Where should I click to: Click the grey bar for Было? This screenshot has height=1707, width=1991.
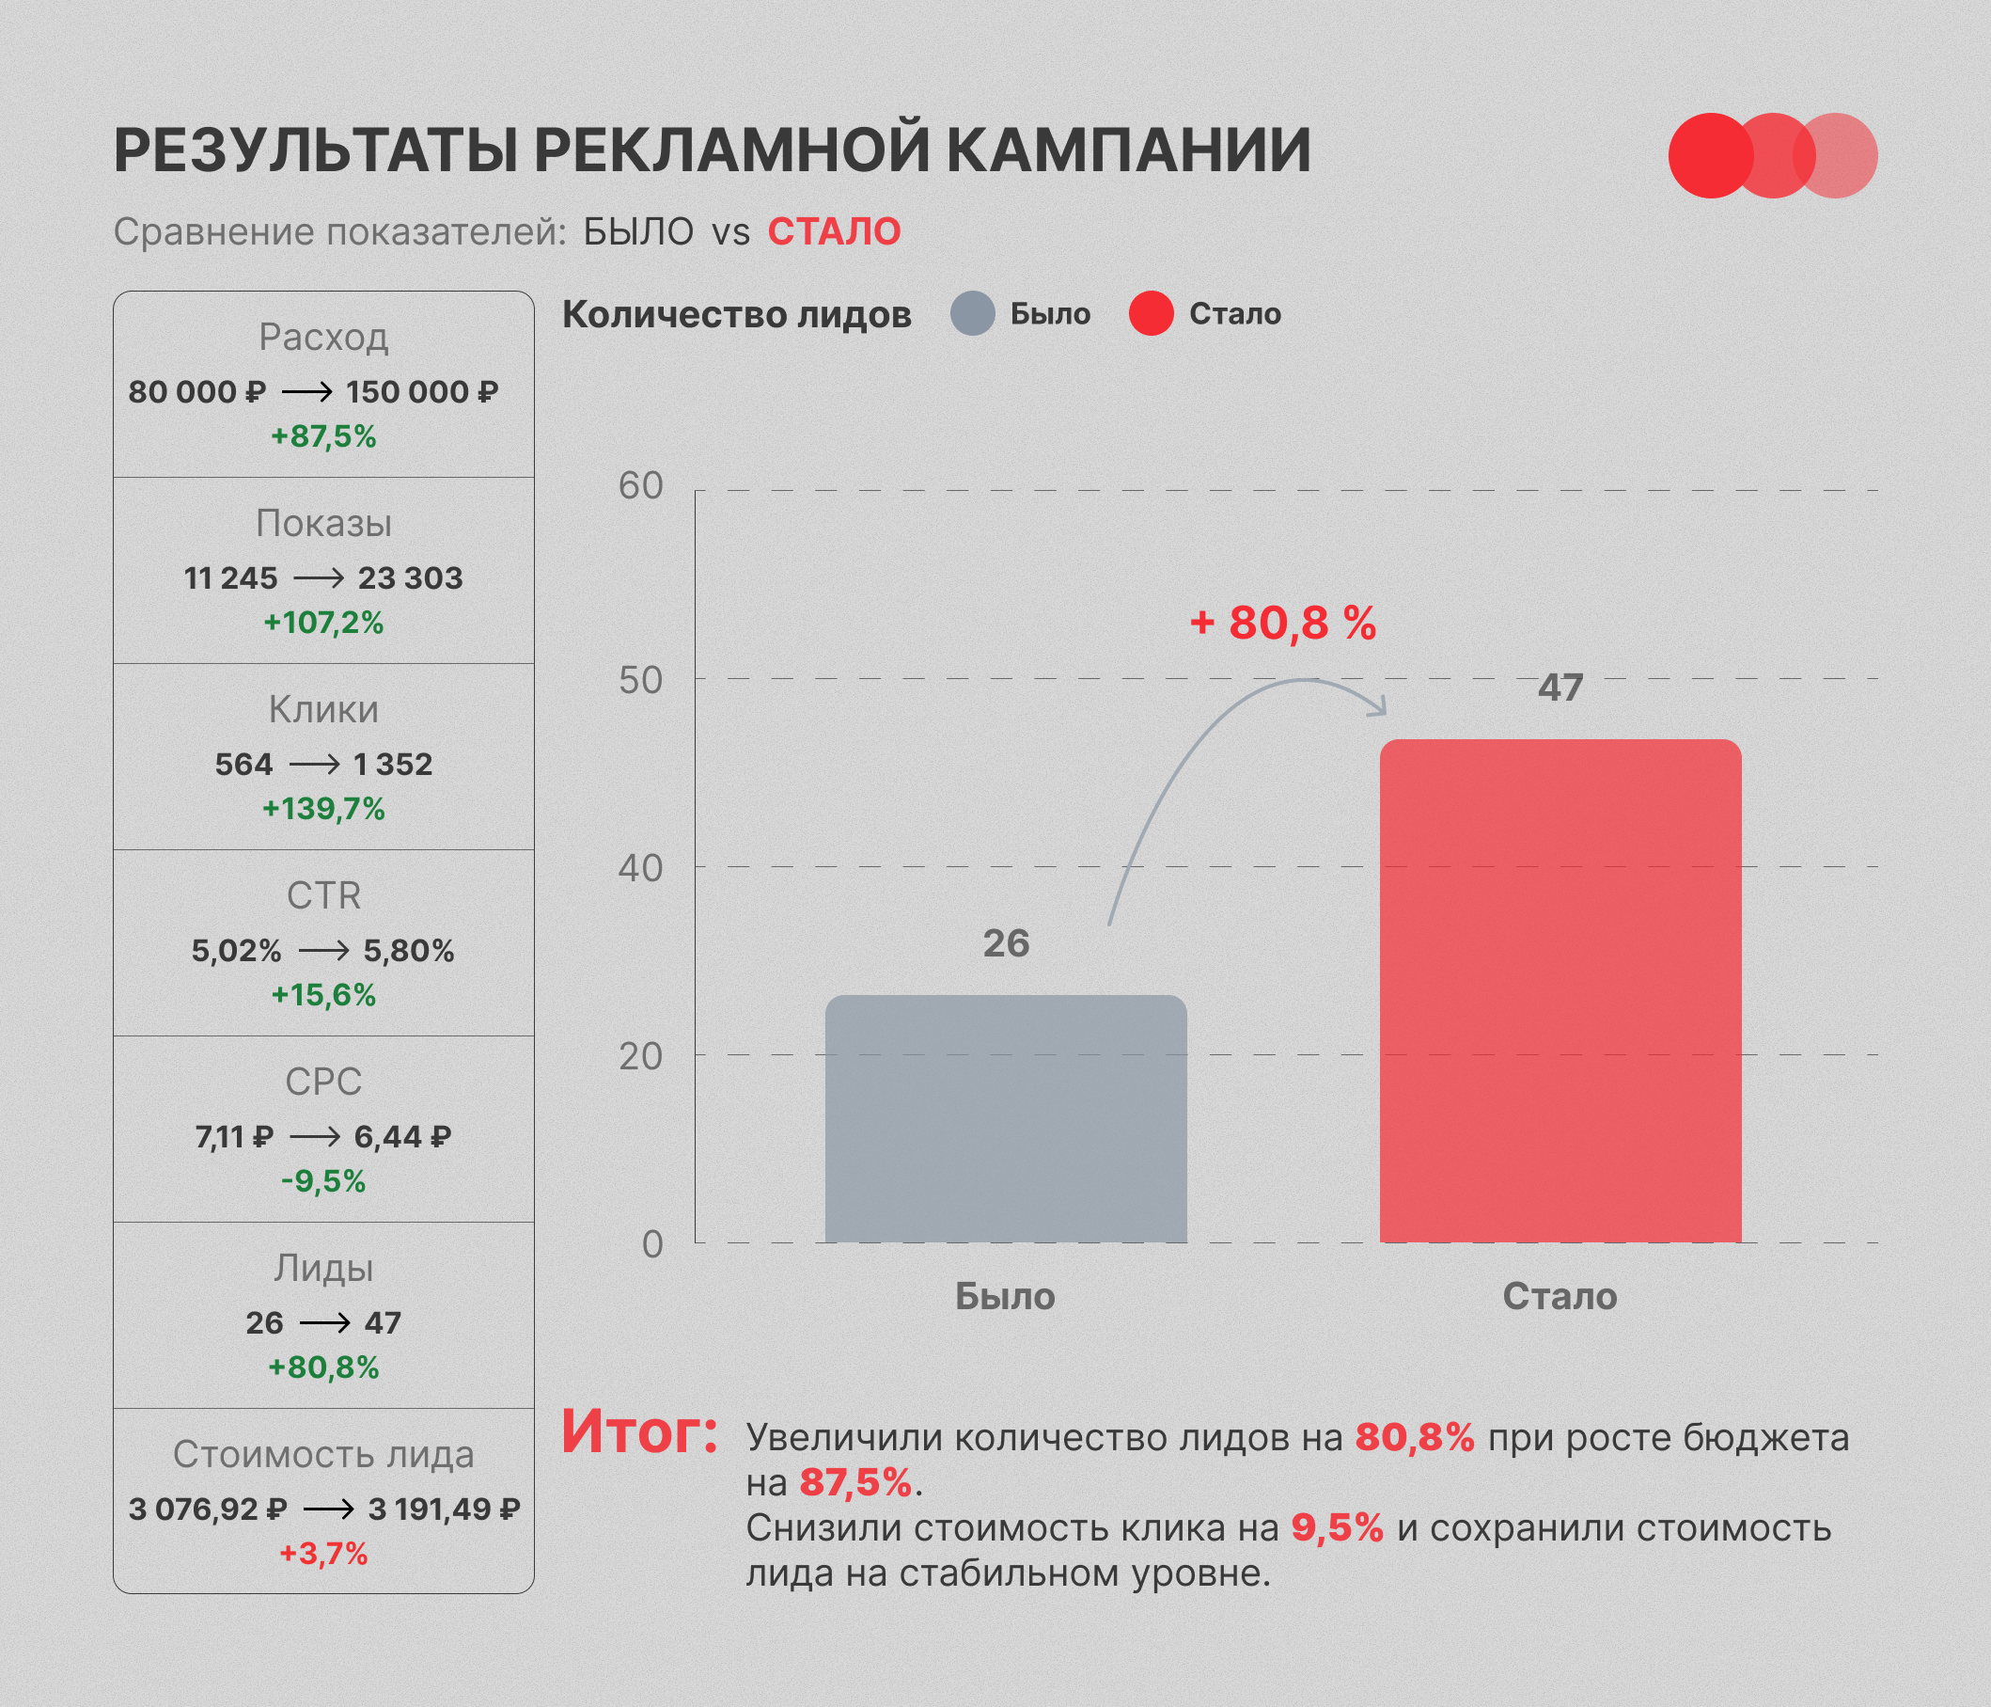[x=1006, y=1119]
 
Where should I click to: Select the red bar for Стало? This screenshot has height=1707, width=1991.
[x=1560, y=991]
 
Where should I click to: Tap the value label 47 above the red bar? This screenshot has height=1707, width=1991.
[x=1560, y=688]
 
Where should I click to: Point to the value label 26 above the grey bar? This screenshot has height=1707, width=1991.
[x=1006, y=944]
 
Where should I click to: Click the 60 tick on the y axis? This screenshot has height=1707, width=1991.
[x=641, y=485]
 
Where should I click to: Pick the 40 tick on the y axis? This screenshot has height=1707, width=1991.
[x=641, y=868]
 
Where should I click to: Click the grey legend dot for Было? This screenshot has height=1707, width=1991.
[x=972, y=313]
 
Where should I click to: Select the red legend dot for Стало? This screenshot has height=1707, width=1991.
[x=1152, y=313]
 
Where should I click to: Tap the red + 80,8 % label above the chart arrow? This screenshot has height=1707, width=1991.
[x=1283, y=623]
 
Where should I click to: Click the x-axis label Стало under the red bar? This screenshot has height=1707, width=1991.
[x=1560, y=1297]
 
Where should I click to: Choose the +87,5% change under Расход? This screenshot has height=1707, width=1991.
[x=323, y=436]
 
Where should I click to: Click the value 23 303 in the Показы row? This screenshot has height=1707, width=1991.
[x=410, y=577]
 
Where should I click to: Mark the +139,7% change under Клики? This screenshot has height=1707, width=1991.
[x=323, y=808]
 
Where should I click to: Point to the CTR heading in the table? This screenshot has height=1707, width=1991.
[x=323, y=895]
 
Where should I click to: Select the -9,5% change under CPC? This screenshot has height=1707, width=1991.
[x=323, y=1180]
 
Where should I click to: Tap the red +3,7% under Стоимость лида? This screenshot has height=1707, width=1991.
[x=323, y=1553]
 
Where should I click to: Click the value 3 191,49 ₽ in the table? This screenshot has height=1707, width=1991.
[x=444, y=1509]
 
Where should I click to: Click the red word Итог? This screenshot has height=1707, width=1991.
[x=640, y=1432]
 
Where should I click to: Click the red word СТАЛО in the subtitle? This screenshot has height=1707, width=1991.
[x=834, y=231]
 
